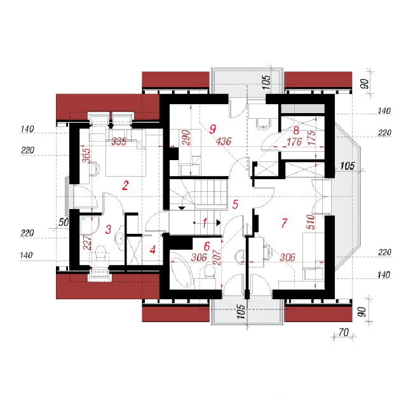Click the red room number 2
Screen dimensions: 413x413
(x=125, y=186)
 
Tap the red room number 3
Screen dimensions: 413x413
(x=108, y=229)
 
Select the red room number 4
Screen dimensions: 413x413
(x=152, y=250)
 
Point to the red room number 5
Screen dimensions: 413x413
(x=235, y=205)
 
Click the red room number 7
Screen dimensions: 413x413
(x=284, y=223)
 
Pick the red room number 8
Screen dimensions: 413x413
(x=296, y=130)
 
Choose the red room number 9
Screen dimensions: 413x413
(x=213, y=129)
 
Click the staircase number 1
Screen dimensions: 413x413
(x=205, y=223)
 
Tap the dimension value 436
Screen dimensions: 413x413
(x=224, y=142)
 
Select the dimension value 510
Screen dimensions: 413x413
(x=311, y=222)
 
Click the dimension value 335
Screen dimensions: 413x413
(x=119, y=142)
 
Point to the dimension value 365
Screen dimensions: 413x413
(x=86, y=156)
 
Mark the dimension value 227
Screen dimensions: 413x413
(x=87, y=242)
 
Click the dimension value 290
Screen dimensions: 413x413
(x=186, y=137)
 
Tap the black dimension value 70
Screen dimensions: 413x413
(x=344, y=332)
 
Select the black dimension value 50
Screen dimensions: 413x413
(x=64, y=222)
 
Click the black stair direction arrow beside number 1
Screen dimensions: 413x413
(x=219, y=223)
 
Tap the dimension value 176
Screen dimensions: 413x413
(x=294, y=142)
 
